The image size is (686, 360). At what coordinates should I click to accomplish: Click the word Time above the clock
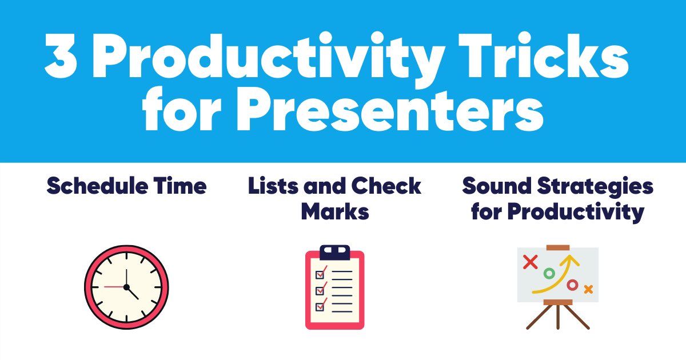tap(180, 186)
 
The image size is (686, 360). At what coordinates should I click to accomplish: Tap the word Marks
tap(335, 212)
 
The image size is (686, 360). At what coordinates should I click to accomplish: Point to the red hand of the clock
tap(114, 286)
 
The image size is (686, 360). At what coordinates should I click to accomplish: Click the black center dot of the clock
tap(126, 286)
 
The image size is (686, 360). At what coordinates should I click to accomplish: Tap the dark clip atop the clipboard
tap(334, 252)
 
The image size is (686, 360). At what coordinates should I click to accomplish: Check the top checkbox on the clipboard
tap(321, 270)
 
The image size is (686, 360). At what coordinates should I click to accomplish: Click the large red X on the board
tap(531, 262)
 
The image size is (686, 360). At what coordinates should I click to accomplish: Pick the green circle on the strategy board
tap(549, 274)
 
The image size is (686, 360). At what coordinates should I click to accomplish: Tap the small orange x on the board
tap(588, 289)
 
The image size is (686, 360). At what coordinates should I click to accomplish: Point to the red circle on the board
tap(572, 285)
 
